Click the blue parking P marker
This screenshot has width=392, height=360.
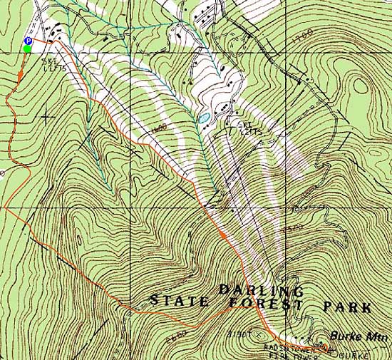click(27, 41)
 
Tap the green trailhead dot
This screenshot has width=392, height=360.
click(27, 48)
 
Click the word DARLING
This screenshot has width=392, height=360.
click(261, 291)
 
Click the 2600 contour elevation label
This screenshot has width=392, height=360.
click(178, 331)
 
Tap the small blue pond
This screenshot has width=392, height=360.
click(204, 116)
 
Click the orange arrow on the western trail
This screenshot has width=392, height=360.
click(22, 71)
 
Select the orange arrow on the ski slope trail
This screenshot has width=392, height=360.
click(223, 234)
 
